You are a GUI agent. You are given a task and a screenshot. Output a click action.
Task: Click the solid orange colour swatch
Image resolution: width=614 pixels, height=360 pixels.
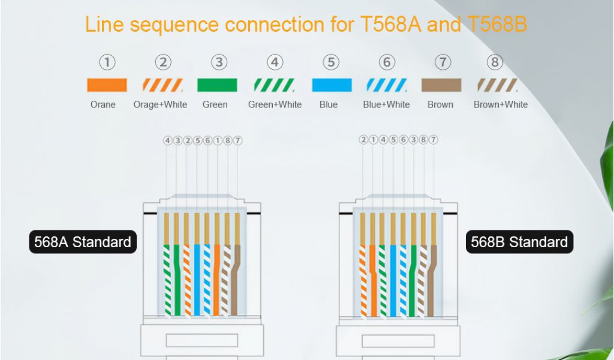107,85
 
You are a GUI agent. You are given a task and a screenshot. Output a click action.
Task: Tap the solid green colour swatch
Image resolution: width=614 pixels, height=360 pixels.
217,85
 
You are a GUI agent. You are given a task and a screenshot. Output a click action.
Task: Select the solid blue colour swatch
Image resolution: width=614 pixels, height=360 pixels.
332,85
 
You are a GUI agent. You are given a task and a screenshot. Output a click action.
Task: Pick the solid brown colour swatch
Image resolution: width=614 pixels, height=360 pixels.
441,85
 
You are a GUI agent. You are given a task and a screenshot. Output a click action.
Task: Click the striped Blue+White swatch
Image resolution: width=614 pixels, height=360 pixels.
387,85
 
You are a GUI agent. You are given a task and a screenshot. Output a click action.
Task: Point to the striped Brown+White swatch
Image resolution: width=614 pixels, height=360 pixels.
497,85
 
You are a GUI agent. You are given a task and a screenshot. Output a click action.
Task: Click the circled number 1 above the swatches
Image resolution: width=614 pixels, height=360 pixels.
107,62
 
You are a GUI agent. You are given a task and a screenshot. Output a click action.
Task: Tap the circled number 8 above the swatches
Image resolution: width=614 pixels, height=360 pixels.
495,62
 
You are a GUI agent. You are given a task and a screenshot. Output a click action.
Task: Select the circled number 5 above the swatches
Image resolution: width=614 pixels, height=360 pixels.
330,62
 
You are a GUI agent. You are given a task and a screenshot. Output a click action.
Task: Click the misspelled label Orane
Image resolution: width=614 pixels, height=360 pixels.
103,104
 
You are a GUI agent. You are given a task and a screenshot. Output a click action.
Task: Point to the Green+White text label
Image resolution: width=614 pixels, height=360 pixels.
275,104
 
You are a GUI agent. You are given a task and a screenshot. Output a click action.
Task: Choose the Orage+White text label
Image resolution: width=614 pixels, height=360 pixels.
160,104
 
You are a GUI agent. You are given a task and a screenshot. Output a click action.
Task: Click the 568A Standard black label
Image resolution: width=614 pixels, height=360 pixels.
83,242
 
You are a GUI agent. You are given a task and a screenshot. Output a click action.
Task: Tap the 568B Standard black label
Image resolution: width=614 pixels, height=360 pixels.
519,242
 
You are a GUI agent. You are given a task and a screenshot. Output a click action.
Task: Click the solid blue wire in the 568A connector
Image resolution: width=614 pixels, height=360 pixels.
197,282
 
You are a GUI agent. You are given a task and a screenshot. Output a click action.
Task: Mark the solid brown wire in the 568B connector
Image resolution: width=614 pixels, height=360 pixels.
433,282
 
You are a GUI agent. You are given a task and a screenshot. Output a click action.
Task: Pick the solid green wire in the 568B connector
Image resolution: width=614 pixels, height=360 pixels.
413,282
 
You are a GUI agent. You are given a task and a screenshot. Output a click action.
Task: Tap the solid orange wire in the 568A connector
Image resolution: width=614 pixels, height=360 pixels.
216,282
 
